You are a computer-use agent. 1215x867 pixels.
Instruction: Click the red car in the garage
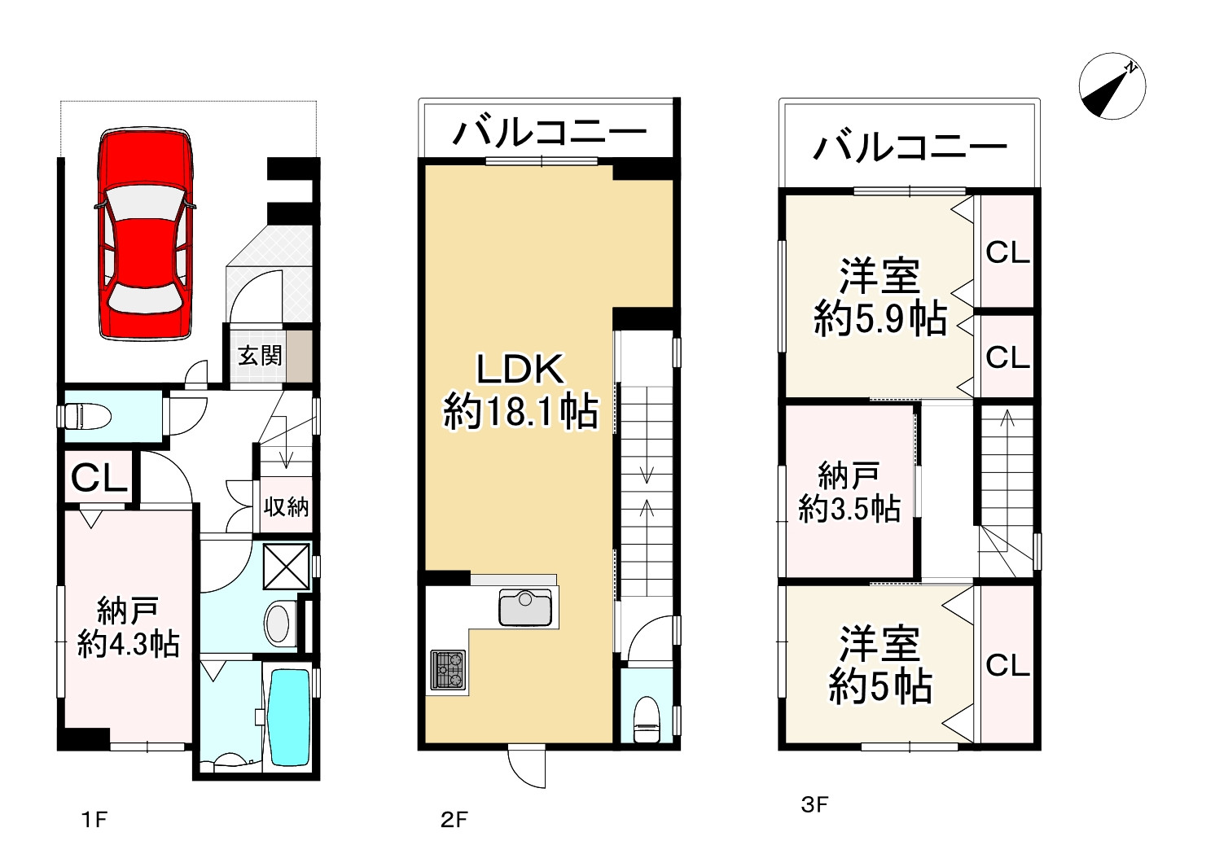click(145, 234)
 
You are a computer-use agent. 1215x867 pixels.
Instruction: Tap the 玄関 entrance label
click(260, 356)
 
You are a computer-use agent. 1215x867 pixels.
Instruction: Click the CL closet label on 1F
click(99, 479)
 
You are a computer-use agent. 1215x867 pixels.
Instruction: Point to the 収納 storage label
click(286, 506)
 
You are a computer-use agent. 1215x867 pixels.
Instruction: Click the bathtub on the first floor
click(288, 716)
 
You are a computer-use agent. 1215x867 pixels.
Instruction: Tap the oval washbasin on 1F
click(279, 623)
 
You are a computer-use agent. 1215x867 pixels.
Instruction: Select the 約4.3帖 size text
click(128, 645)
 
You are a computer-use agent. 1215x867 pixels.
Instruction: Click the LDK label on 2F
click(519, 370)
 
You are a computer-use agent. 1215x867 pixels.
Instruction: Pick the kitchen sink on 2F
click(525, 608)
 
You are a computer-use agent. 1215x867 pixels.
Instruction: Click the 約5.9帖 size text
click(880, 320)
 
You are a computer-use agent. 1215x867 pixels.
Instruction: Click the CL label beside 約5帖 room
click(1007, 665)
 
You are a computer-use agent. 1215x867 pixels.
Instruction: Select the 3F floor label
click(814, 806)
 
